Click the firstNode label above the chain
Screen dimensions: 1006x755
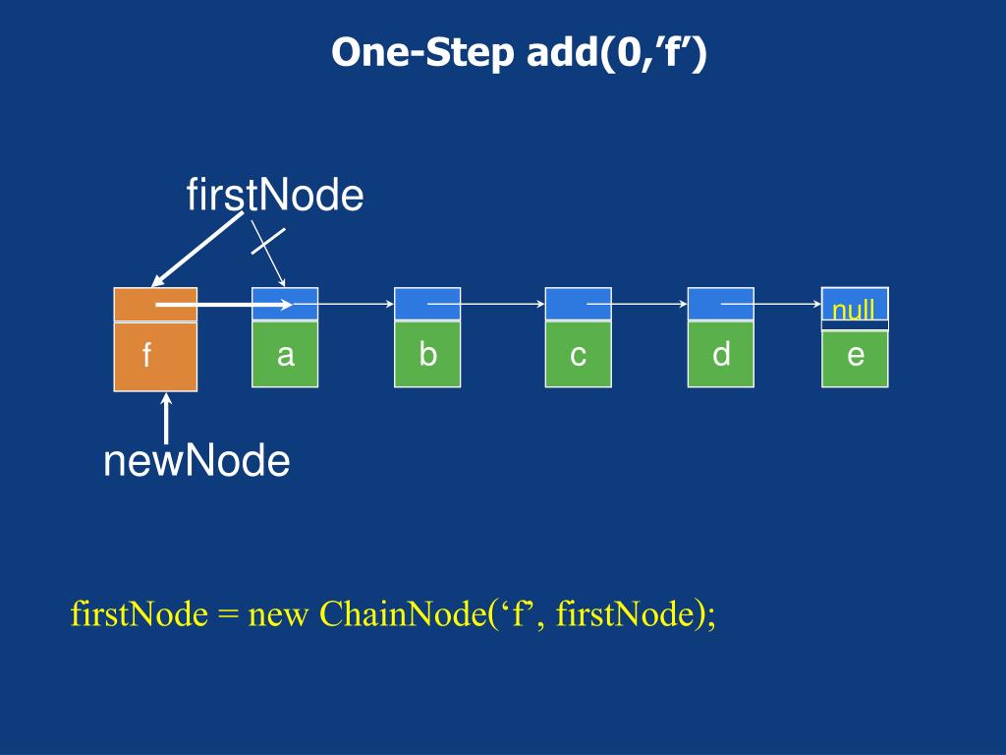tap(275, 195)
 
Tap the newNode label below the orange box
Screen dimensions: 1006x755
tap(196, 461)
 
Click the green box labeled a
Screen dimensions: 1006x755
tap(285, 354)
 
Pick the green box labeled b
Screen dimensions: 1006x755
tap(427, 354)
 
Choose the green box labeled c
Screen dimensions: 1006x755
tap(578, 354)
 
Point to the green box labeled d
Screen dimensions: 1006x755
tap(720, 354)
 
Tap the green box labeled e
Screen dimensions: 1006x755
tap(856, 358)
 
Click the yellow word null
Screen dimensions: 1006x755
tap(854, 310)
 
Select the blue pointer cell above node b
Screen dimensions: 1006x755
tap(427, 304)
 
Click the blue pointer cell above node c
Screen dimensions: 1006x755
tap(578, 304)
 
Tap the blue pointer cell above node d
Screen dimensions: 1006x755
tap(720, 304)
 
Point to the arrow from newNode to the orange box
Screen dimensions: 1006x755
tap(166, 418)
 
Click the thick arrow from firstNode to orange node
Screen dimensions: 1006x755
tap(196, 250)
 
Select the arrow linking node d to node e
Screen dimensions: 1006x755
tap(771, 304)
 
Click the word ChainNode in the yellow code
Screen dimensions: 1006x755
tap(403, 613)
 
